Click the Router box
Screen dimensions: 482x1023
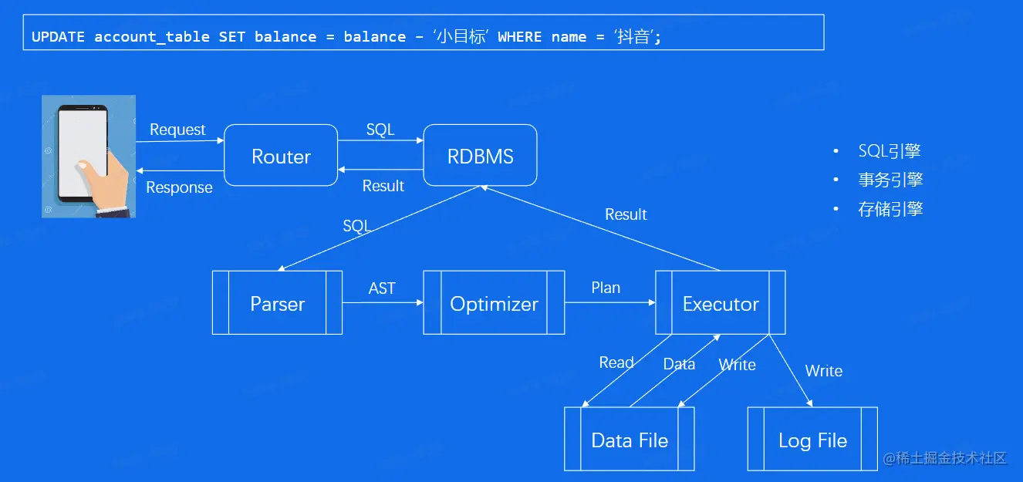281,157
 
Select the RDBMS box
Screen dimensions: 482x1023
480,157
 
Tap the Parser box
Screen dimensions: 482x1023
277,303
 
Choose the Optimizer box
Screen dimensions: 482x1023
494,303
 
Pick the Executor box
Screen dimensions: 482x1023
721,303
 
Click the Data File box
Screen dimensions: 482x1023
630,440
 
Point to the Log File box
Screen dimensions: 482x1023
812,440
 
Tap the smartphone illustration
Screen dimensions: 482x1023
88,156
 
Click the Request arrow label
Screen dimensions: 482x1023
177,130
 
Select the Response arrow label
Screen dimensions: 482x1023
179,187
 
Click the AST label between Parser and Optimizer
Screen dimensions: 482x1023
382,288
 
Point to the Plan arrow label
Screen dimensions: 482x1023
606,288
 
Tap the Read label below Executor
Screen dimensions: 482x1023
616,362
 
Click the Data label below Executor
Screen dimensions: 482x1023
679,364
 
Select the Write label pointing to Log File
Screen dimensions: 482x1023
823,371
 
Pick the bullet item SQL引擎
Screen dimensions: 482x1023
890,151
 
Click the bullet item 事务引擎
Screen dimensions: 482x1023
890,180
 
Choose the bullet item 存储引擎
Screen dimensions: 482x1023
890,209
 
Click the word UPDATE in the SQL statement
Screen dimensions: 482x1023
58,37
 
